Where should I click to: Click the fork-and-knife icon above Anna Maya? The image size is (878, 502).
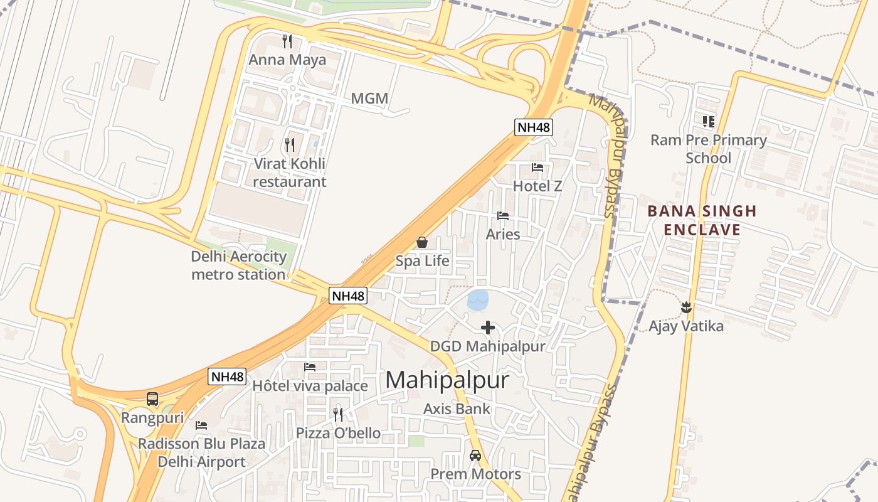click(287, 41)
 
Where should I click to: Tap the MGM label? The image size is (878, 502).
click(369, 99)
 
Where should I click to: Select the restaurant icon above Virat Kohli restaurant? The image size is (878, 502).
click(289, 145)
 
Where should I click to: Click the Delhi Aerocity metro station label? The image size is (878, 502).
click(238, 265)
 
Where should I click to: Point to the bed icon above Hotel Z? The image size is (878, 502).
click(537, 168)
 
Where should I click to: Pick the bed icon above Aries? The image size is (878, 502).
click(503, 216)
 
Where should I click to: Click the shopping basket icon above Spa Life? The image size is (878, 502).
click(422, 242)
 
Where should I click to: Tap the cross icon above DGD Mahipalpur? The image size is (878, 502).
click(488, 327)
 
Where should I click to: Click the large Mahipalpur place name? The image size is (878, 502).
click(447, 380)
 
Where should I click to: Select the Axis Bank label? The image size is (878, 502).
click(457, 409)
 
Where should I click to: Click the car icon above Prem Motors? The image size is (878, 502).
click(475, 456)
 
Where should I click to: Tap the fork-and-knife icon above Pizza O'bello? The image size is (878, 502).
click(338, 414)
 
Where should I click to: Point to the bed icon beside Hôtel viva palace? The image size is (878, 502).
click(310, 367)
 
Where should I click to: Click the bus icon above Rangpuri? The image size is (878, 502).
click(152, 399)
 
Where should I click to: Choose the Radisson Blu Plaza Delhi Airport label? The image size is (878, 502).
click(201, 453)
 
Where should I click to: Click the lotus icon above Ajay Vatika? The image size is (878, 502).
click(686, 307)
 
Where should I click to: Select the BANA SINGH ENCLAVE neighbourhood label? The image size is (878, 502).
click(702, 220)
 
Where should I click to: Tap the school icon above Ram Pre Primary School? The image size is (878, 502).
click(709, 121)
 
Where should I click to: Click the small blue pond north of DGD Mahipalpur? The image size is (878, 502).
click(478, 300)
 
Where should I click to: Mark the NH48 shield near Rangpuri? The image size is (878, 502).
click(227, 376)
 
